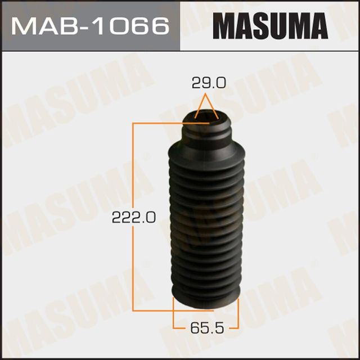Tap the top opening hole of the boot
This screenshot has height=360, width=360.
[206, 117]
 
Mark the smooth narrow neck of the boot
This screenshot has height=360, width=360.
[206, 135]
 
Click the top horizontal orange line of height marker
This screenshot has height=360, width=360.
[157, 121]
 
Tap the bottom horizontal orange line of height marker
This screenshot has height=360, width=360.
[152, 310]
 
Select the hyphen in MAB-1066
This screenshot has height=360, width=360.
[82, 26]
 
